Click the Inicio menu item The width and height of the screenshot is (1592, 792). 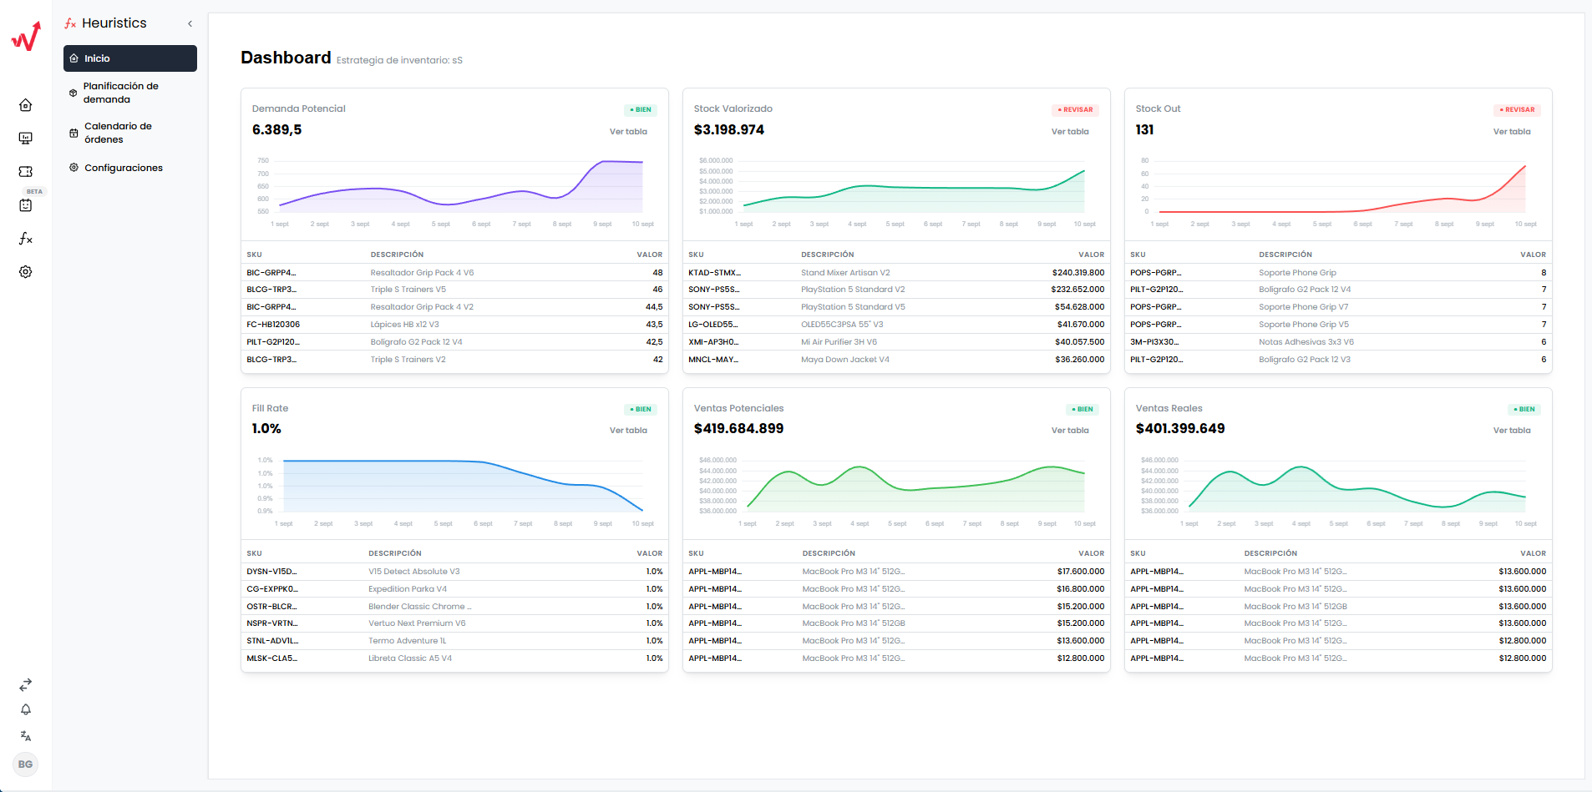[97, 58]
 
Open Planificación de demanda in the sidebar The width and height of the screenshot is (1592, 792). [120, 93]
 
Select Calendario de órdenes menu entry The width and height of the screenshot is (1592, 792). [118, 133]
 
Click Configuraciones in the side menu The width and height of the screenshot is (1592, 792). [123, 168]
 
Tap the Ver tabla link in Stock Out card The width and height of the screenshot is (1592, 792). [1511, 132]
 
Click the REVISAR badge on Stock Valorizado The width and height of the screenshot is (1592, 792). [1075, 110]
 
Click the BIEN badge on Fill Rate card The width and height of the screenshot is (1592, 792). [641, 410]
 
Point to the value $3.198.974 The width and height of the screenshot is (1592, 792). [728, 130]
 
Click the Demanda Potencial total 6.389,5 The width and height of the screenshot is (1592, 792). [276, 130]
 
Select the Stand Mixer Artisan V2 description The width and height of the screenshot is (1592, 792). [844, 273]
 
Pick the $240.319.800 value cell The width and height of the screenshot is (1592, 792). [1077, 273]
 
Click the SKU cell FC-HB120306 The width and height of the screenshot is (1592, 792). [273, 325]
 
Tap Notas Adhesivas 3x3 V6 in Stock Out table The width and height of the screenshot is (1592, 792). [1306, 342]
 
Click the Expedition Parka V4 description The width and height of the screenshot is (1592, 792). [407, 589]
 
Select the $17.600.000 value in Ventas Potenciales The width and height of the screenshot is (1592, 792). [1080, 572]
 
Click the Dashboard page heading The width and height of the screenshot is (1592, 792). [286, 58]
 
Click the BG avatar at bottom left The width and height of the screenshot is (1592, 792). [26, 764]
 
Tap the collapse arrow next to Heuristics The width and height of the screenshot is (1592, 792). [190, 23]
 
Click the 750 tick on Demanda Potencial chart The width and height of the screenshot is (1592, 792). [263, 160]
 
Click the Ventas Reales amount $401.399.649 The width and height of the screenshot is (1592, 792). [1179, 429]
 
